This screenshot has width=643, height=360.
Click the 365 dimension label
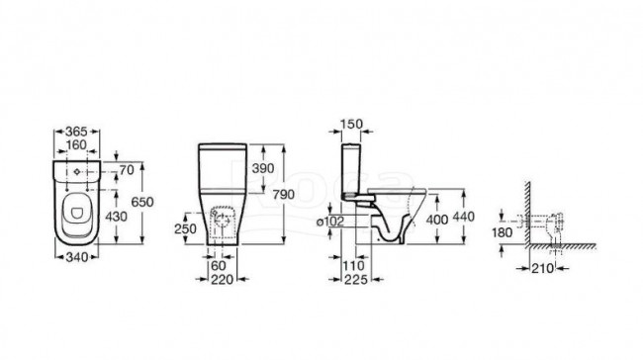77,132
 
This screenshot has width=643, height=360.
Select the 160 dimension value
77,144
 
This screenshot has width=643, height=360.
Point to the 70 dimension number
128,169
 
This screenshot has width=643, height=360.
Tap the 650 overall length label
142,202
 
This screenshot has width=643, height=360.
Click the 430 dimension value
116,216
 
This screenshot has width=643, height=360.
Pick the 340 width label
77,257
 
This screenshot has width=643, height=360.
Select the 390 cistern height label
263,168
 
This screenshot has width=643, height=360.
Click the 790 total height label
283,194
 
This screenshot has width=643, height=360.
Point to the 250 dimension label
185,228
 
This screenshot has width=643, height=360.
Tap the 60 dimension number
219,266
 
